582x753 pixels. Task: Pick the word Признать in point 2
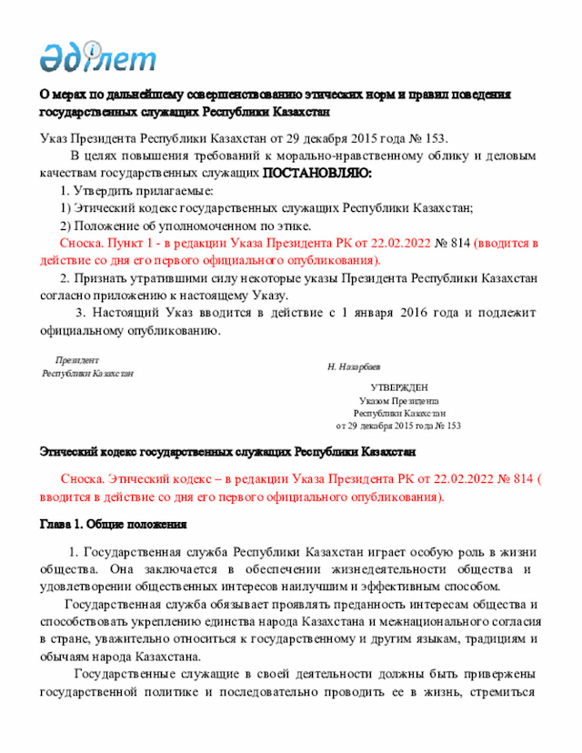[x=106, y=277]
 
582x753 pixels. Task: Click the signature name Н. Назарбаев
[x=354, y=366]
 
